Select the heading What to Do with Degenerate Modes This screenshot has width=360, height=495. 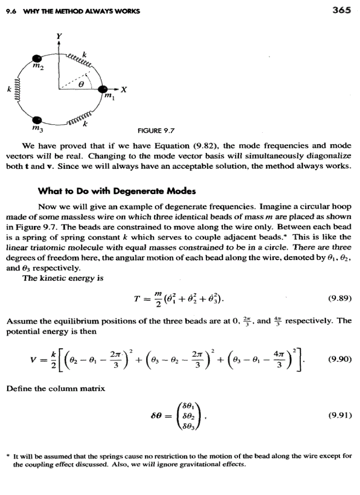click(x=117, y=191)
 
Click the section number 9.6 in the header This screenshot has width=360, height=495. click(x=10, y=11)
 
